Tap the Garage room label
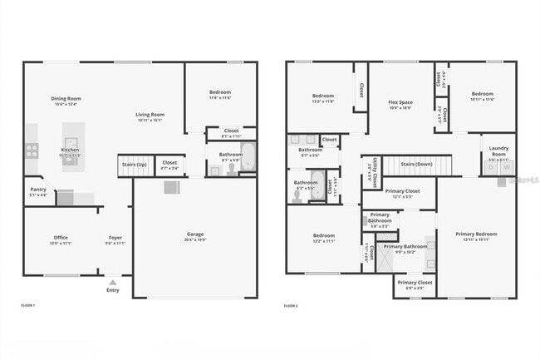tap(195, 234)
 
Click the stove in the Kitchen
tap(32, 150)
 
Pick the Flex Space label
tap(400, 102)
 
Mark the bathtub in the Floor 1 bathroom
tap(248, 158)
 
